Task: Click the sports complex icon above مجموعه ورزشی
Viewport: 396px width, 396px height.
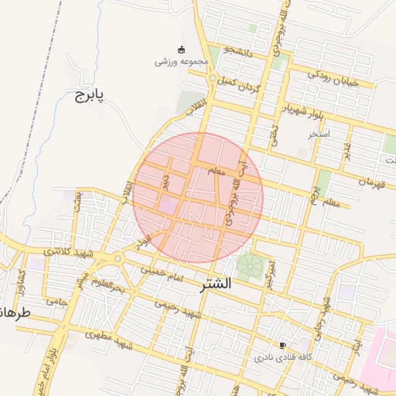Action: [x=182, y=49]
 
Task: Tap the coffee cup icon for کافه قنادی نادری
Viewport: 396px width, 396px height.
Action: [x=283, y=345]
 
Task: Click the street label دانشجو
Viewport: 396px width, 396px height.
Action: [x=239, y=49]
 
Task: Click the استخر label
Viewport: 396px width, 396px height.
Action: [x=319, y=134]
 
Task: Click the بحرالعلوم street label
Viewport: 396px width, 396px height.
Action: [x=106, y=288]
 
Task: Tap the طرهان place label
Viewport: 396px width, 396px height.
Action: [x=14, y=314]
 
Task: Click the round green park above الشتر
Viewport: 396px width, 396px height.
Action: [x=249, y=266]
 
